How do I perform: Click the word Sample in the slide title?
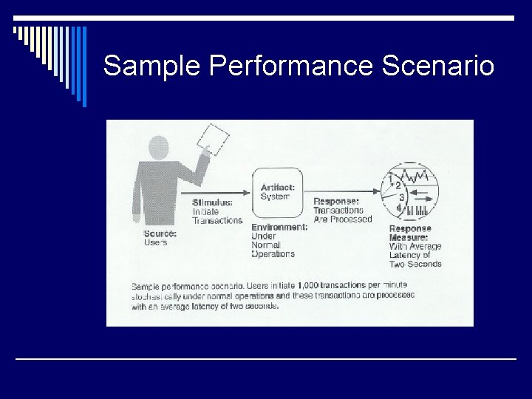point(152,66)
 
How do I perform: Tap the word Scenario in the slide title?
point(437,66)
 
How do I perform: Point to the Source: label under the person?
point(160,233)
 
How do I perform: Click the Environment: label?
point(279,228)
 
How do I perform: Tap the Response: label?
point(336,201)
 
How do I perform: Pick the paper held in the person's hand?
point(214,139)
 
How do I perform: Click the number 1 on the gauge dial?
point(390,179)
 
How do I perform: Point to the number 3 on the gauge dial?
point(402,198)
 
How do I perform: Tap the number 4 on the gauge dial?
point(398,209)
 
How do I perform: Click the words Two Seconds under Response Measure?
point(415,264)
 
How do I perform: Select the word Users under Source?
point(156,242)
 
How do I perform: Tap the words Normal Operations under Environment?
point(273,249)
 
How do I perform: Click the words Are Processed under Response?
point(342,219)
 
